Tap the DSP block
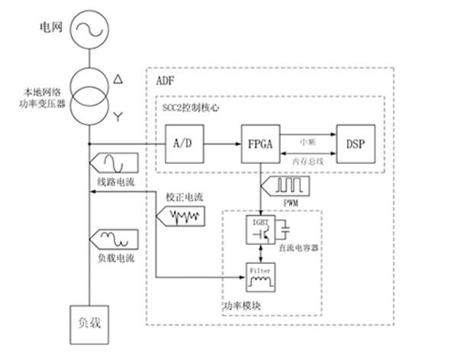coord(354,143)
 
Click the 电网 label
coord(52,30)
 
